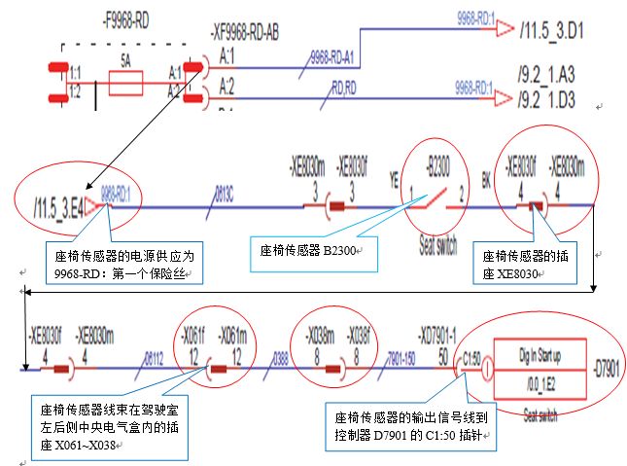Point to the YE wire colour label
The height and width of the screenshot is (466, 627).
(393, 180)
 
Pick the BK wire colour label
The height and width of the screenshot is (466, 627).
(487, 180)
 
